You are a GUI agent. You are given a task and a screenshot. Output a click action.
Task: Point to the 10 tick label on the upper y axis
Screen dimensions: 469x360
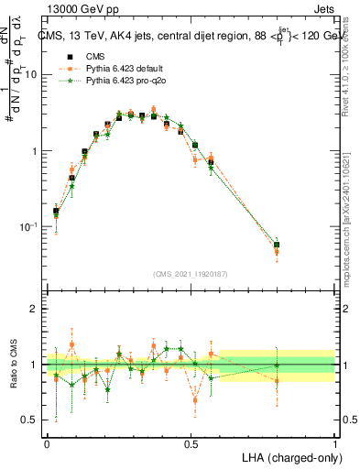(x=31, y=76)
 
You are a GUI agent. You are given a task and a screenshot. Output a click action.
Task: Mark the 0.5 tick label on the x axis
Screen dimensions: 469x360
(x=191, y=442)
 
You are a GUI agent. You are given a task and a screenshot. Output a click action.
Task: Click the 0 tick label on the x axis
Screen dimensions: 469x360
(x=47, y=442)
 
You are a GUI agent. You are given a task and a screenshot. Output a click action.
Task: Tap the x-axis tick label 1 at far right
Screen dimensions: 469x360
(x=334, y=442)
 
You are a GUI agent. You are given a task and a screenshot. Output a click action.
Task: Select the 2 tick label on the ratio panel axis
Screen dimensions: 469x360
(x=35, y=310)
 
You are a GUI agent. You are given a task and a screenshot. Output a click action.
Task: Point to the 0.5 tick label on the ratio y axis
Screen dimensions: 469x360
(x=30, y=420)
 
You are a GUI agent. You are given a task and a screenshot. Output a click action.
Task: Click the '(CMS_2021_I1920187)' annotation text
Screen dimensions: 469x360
(x=191, y=273)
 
